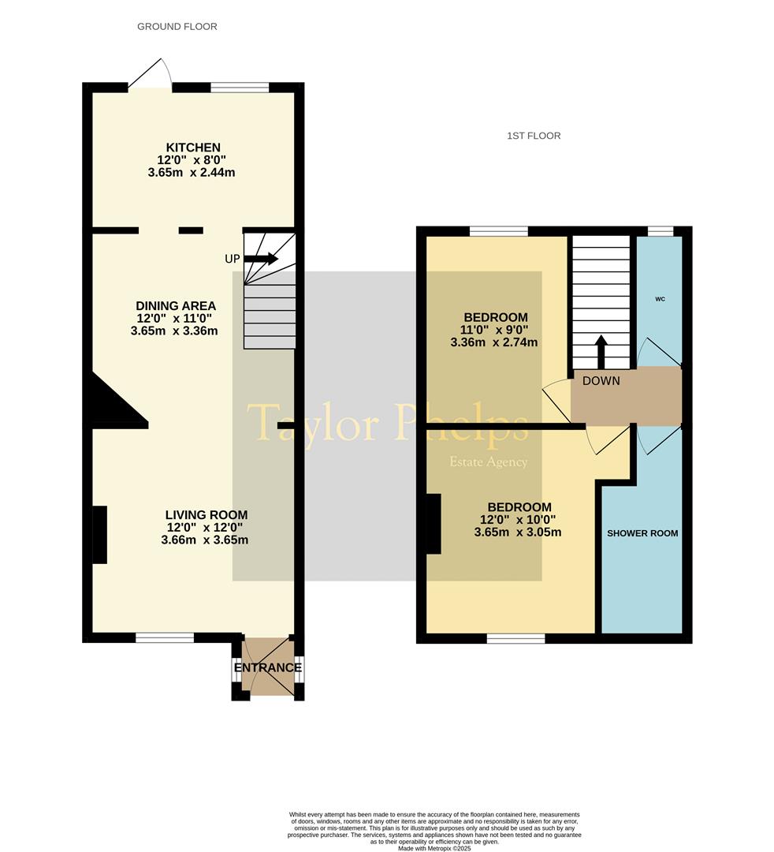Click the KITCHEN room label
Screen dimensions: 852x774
coord(193,148)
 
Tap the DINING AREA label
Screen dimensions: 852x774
coord(176,306)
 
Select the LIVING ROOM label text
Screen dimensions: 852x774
coord(205,515)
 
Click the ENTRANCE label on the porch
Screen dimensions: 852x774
coord(268,667)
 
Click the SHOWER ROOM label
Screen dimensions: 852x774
coord(642,533)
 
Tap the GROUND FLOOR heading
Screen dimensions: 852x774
coord(177,27)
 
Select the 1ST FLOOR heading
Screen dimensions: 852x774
coord(534,136)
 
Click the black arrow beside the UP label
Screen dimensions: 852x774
coord(261,258)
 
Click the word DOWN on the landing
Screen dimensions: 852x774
coord(601,381)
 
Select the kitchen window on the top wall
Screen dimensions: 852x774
coord(240,88)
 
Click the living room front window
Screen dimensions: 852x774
coord(165,637)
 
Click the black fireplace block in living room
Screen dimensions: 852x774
coord(100,535)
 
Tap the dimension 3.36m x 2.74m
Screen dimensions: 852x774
coord(494,342)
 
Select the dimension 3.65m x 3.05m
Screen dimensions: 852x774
coord(518,532)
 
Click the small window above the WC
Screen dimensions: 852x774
coord(661,231)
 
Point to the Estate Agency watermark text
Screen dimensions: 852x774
coord(488,462)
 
